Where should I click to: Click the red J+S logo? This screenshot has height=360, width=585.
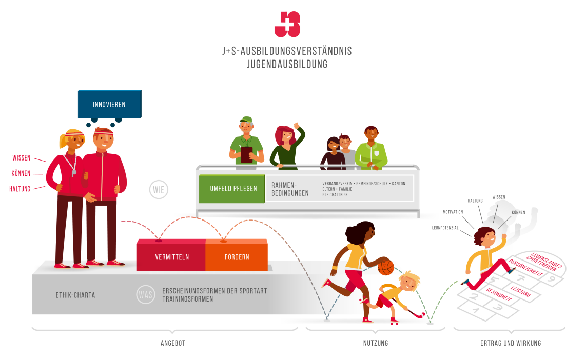pos(287,24)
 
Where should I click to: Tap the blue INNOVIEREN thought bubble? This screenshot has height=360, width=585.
pos(109,104)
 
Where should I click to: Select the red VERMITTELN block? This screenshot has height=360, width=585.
pos(172,257)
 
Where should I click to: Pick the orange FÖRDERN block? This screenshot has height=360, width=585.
pos(237,257)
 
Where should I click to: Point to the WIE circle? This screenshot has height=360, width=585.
pos(159,190)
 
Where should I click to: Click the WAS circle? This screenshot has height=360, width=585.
pos(146,295)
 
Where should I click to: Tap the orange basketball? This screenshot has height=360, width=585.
pos(385,267)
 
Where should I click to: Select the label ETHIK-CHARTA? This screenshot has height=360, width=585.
pos(75,295)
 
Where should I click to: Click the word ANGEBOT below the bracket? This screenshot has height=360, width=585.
pos(173,343)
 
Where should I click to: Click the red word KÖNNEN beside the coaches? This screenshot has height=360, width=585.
pos(22,173)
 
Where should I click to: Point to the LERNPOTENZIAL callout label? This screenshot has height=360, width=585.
pos(444,227)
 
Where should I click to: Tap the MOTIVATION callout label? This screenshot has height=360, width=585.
pos(453,212)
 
